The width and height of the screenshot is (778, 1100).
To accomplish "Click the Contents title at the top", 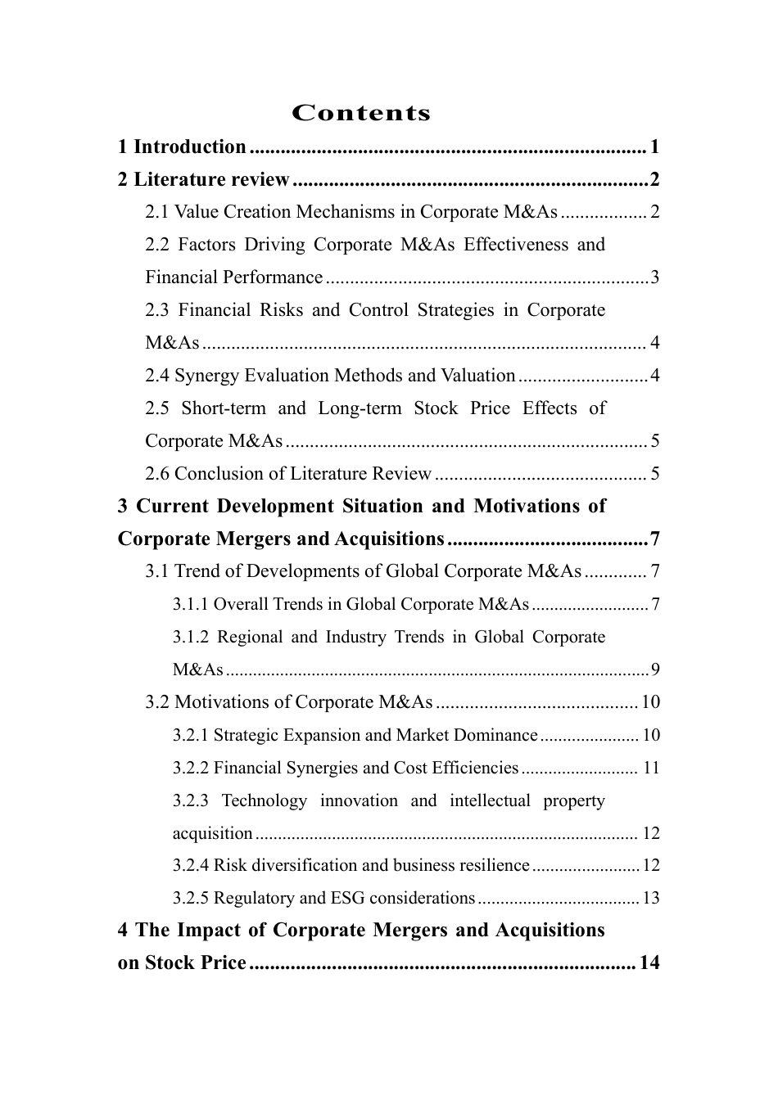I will pyautogui.click(x=361, y=113).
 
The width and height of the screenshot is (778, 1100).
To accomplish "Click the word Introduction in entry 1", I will pyautogui.click(x=189, y=147).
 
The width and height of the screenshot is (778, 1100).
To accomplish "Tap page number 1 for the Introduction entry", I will pyautogui.click(x=654, y=147).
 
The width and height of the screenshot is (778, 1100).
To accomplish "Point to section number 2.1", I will pyautogui.click(x=157, y=213).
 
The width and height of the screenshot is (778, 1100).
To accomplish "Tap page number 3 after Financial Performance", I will pyautogui.click(x=654, y=277).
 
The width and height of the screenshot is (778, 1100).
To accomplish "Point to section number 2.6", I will pyautogui.click(x=157, y=474).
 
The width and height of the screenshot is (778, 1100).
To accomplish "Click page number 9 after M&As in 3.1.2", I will pyautogui.click(x=654, y=670).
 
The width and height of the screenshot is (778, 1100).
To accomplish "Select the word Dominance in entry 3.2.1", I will pyautogui.click(x=498, y=735).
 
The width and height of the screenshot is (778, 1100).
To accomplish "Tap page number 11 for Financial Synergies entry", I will pyautogui.click(x=651, y=768).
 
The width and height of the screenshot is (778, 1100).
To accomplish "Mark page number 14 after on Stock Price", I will pyautogui.click(x=649, y=963).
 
